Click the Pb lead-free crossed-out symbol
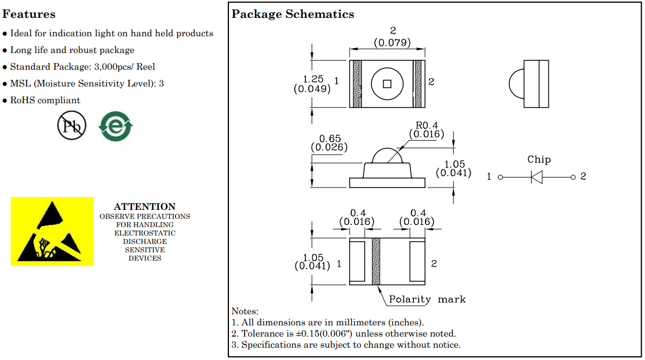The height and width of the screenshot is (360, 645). [x=71, y=126]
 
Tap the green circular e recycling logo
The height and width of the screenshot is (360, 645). [x=116, y=126]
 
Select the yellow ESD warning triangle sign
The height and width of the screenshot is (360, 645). [x=52, y=232]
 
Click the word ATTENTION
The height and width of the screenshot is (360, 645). [x=145, y=207]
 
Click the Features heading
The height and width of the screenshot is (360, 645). [x=29, y=14]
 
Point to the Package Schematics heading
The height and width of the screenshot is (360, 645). [x=293, y=14]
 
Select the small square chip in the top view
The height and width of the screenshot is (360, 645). [x=387, y=84]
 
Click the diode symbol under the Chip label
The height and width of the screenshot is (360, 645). [x=537, y=177]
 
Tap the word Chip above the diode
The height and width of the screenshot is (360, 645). [x=539, y=160]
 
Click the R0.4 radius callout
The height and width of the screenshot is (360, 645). [x=427, y=125]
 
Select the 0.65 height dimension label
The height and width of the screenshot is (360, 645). [x=330, y=138]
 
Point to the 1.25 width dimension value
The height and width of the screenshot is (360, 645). [x=313, y=79]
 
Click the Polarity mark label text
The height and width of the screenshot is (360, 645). [x=427, y=299]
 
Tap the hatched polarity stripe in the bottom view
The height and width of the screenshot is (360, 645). [x=376, y=261]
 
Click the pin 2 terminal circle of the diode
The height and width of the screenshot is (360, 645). [x=573, y=177]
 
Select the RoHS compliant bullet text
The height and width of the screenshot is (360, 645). [x=45, y=100]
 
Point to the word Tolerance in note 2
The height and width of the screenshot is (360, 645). [x=262, y=333]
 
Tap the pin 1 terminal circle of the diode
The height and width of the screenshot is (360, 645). [x=500, y=177]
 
